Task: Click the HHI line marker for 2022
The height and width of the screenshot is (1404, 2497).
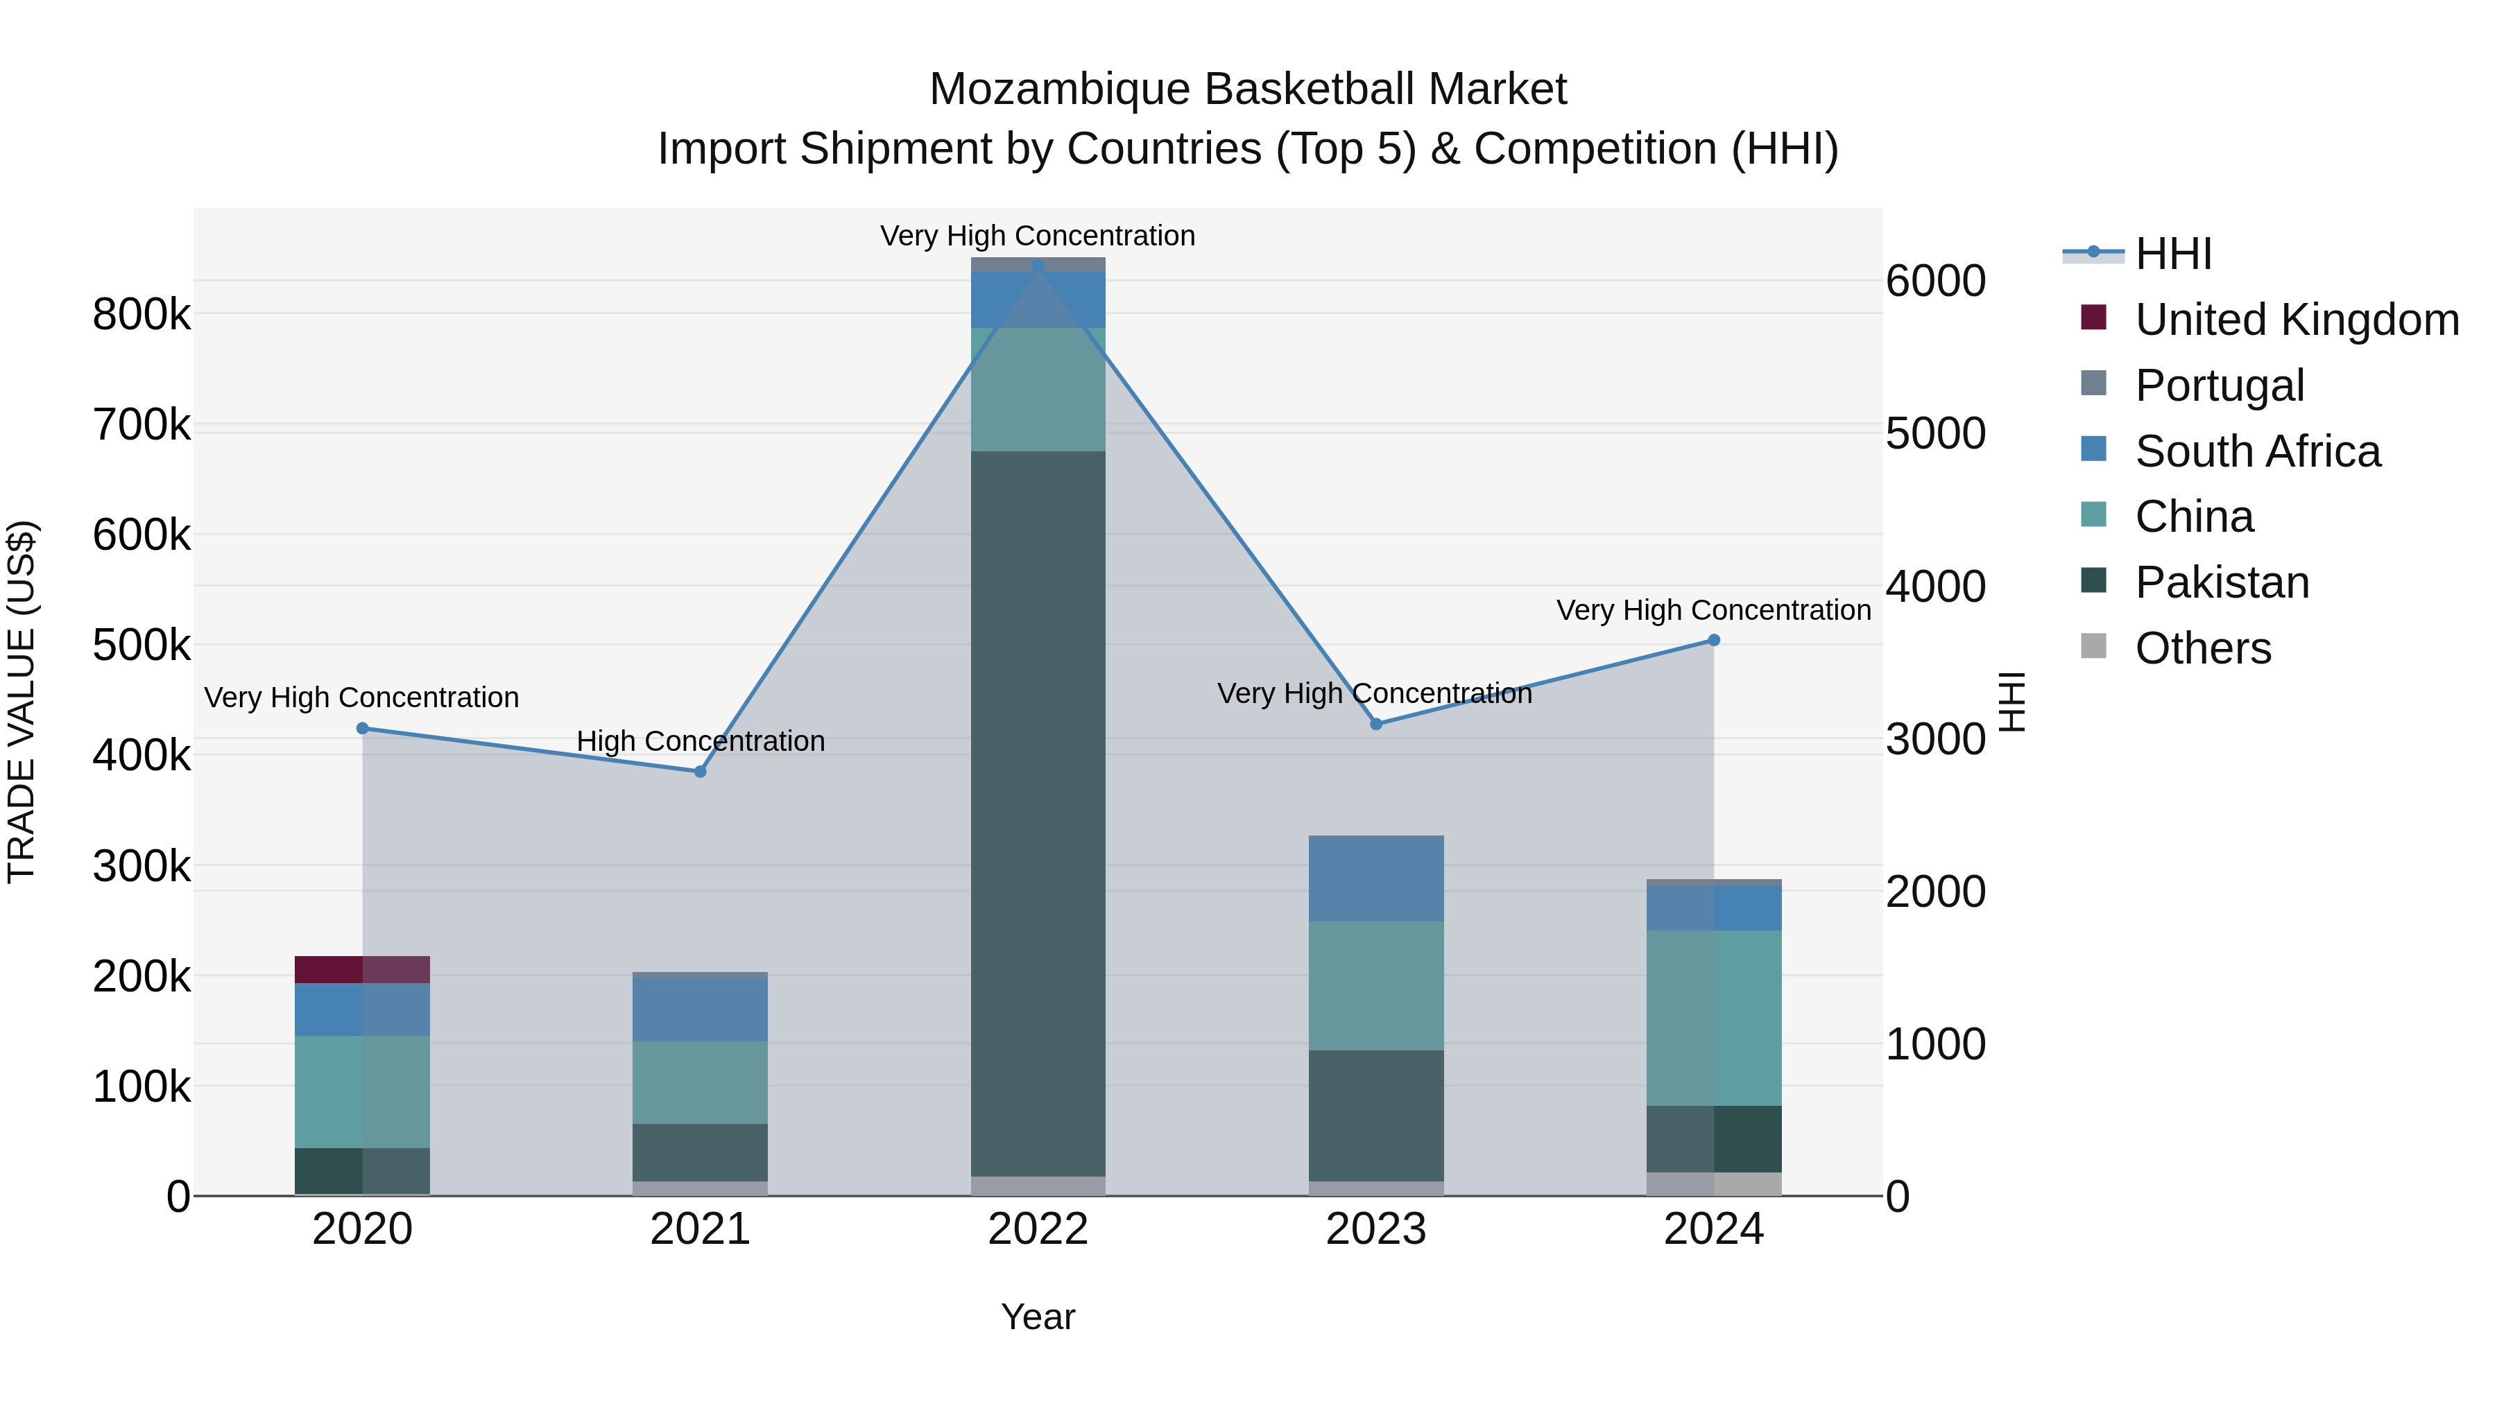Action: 1038,265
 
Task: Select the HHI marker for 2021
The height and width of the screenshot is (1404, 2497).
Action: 700,771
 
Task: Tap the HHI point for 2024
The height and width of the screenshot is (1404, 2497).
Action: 1714,641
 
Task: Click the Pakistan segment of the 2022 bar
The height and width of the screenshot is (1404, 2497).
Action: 1038,814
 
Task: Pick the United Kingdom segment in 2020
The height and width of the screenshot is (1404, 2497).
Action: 361,970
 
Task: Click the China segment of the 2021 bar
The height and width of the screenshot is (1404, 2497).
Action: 700,1082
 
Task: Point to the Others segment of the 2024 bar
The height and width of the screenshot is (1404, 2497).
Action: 1714,1184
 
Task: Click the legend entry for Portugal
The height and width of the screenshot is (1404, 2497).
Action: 2219,385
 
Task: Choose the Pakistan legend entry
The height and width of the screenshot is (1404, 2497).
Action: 2222,582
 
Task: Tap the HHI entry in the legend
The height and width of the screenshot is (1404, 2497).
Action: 2172,254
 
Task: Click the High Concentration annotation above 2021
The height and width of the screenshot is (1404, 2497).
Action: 700,741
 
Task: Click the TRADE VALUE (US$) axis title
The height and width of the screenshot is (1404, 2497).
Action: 22,702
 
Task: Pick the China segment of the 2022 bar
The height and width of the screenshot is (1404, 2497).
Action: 1038,390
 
